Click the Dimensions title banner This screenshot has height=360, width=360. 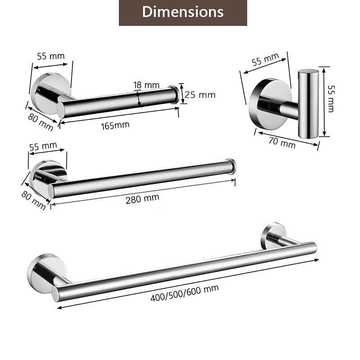pos(183,13)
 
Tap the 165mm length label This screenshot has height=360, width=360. pos(115,126)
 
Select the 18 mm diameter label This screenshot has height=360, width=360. pos(147,85)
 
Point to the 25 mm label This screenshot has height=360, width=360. pos(200,95)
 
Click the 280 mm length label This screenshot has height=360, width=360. pos(142,198)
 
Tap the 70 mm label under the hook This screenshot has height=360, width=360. pos(282,143)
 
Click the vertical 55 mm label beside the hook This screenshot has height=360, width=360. pos(331,99)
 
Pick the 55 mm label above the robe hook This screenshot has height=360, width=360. pos(265,59)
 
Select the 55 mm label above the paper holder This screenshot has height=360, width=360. pos(51,56)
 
